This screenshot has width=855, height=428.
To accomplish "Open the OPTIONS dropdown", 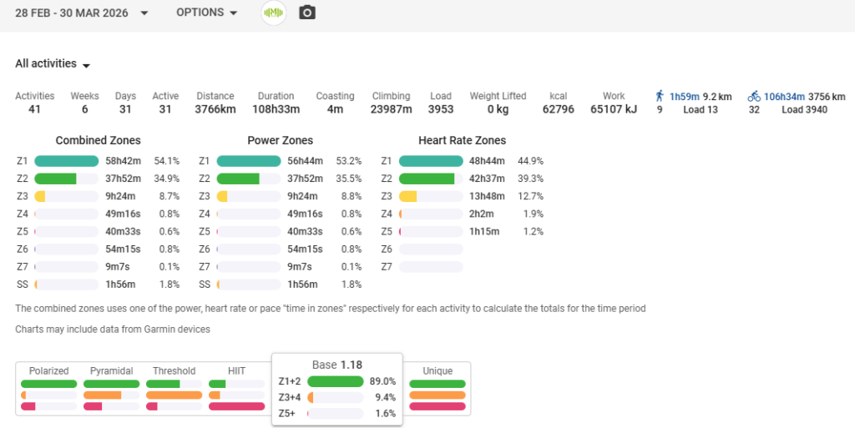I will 206,13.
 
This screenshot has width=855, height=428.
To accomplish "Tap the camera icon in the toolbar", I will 307,13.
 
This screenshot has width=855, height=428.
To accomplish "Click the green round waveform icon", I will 273,13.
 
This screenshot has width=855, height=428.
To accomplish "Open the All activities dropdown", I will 53,64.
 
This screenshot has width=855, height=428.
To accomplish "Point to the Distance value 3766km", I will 215,109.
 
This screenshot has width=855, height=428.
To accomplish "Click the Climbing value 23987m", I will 391,109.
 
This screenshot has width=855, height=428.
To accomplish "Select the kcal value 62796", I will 558,109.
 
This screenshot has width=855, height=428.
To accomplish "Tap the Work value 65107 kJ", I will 614,109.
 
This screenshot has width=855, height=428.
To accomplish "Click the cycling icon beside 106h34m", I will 753,96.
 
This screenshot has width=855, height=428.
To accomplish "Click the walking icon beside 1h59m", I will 660,96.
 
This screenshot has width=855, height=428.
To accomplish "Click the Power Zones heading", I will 280,140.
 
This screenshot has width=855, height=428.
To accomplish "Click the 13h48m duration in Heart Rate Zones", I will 487,196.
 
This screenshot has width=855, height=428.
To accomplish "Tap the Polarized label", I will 48,371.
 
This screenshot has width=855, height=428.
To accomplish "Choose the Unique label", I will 438,371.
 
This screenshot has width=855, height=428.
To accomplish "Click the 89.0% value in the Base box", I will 382,381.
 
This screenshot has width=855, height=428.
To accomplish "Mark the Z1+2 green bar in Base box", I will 335,381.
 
